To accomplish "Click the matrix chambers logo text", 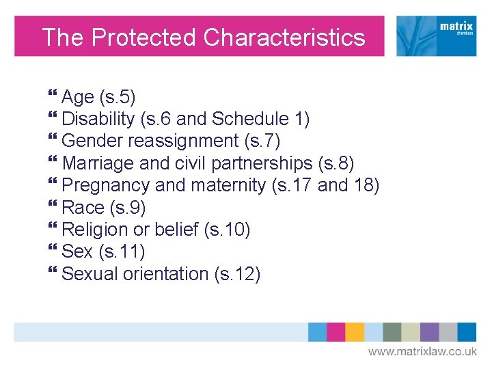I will [456, 29].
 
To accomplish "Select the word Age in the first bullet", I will [78, 97].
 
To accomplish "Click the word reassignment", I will [184, 141].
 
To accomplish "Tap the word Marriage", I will [98, 163].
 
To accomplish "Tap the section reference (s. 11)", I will [122, 251].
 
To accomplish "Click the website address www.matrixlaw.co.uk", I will [422, 351].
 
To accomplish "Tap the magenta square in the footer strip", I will [336, 332].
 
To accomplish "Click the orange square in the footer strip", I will [354, 332].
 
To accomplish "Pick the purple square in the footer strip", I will [429, 332].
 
